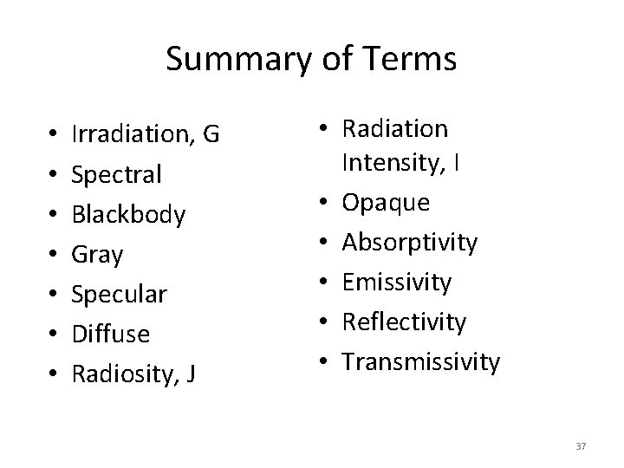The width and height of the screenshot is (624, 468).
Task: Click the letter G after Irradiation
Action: coord(210,135)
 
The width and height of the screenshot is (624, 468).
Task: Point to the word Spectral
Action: coord(117,175)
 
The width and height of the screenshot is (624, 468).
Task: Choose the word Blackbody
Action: coord(129,215)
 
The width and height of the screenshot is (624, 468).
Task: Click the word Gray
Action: coord(98,255)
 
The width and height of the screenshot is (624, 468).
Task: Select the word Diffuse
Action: coord(111,335)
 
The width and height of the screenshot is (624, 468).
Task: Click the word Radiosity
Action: coord(123,374)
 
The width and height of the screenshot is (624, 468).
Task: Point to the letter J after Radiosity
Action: coord(190,374)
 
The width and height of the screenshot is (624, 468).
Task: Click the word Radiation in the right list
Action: coord(395,129)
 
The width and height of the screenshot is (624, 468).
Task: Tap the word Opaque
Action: coord(386,202)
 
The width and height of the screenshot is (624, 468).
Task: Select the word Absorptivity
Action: coord(410,242)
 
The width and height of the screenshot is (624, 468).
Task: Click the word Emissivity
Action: coord(397,282)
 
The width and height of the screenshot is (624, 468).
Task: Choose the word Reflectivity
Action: coord(405,322)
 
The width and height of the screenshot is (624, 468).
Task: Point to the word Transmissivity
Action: coord(421,361)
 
